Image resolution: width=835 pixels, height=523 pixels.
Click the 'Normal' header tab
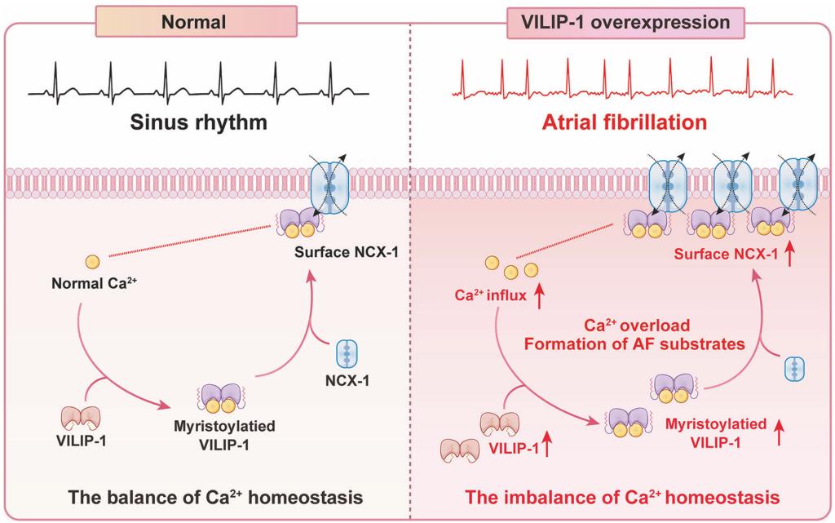point(193,22)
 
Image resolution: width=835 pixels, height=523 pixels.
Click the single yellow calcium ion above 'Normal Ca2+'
point(93,262)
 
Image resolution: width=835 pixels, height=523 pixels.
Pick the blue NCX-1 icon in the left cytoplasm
point(347,355)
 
